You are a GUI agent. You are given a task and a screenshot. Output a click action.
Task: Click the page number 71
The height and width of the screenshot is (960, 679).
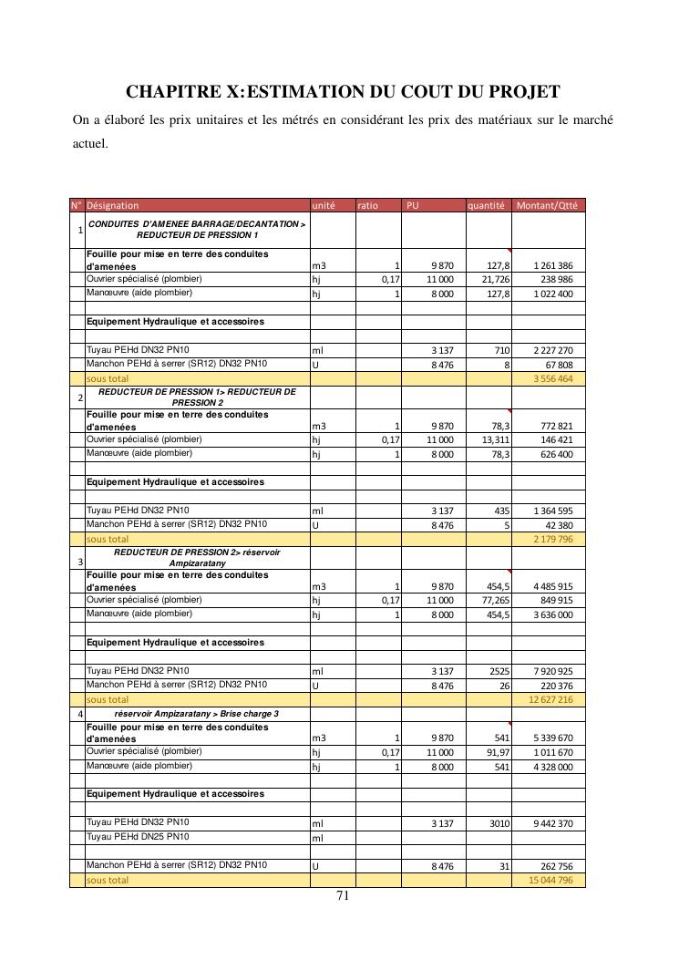343,896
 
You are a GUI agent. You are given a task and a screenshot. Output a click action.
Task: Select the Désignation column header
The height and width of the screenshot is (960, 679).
113,205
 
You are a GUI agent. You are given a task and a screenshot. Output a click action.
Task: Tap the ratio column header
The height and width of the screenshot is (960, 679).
367,205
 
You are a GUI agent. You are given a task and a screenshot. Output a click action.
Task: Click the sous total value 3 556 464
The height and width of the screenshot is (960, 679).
553,378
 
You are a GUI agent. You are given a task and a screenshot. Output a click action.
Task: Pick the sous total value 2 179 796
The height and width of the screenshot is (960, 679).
553,540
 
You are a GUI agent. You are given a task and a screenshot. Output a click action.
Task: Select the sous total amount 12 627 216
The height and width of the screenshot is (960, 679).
550,699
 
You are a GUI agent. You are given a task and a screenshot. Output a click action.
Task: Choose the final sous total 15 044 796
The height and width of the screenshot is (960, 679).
550,880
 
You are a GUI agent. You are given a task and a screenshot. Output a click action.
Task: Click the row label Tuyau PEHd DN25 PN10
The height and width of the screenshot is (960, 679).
138,836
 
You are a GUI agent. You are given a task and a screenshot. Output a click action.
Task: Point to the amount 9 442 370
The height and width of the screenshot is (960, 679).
553,823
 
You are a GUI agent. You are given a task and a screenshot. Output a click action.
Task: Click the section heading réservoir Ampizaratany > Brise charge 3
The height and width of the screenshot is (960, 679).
196,713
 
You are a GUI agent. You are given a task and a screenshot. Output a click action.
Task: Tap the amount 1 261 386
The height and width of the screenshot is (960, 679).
553,265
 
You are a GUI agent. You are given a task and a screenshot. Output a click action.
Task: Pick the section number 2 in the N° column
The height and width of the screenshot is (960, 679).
80,397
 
